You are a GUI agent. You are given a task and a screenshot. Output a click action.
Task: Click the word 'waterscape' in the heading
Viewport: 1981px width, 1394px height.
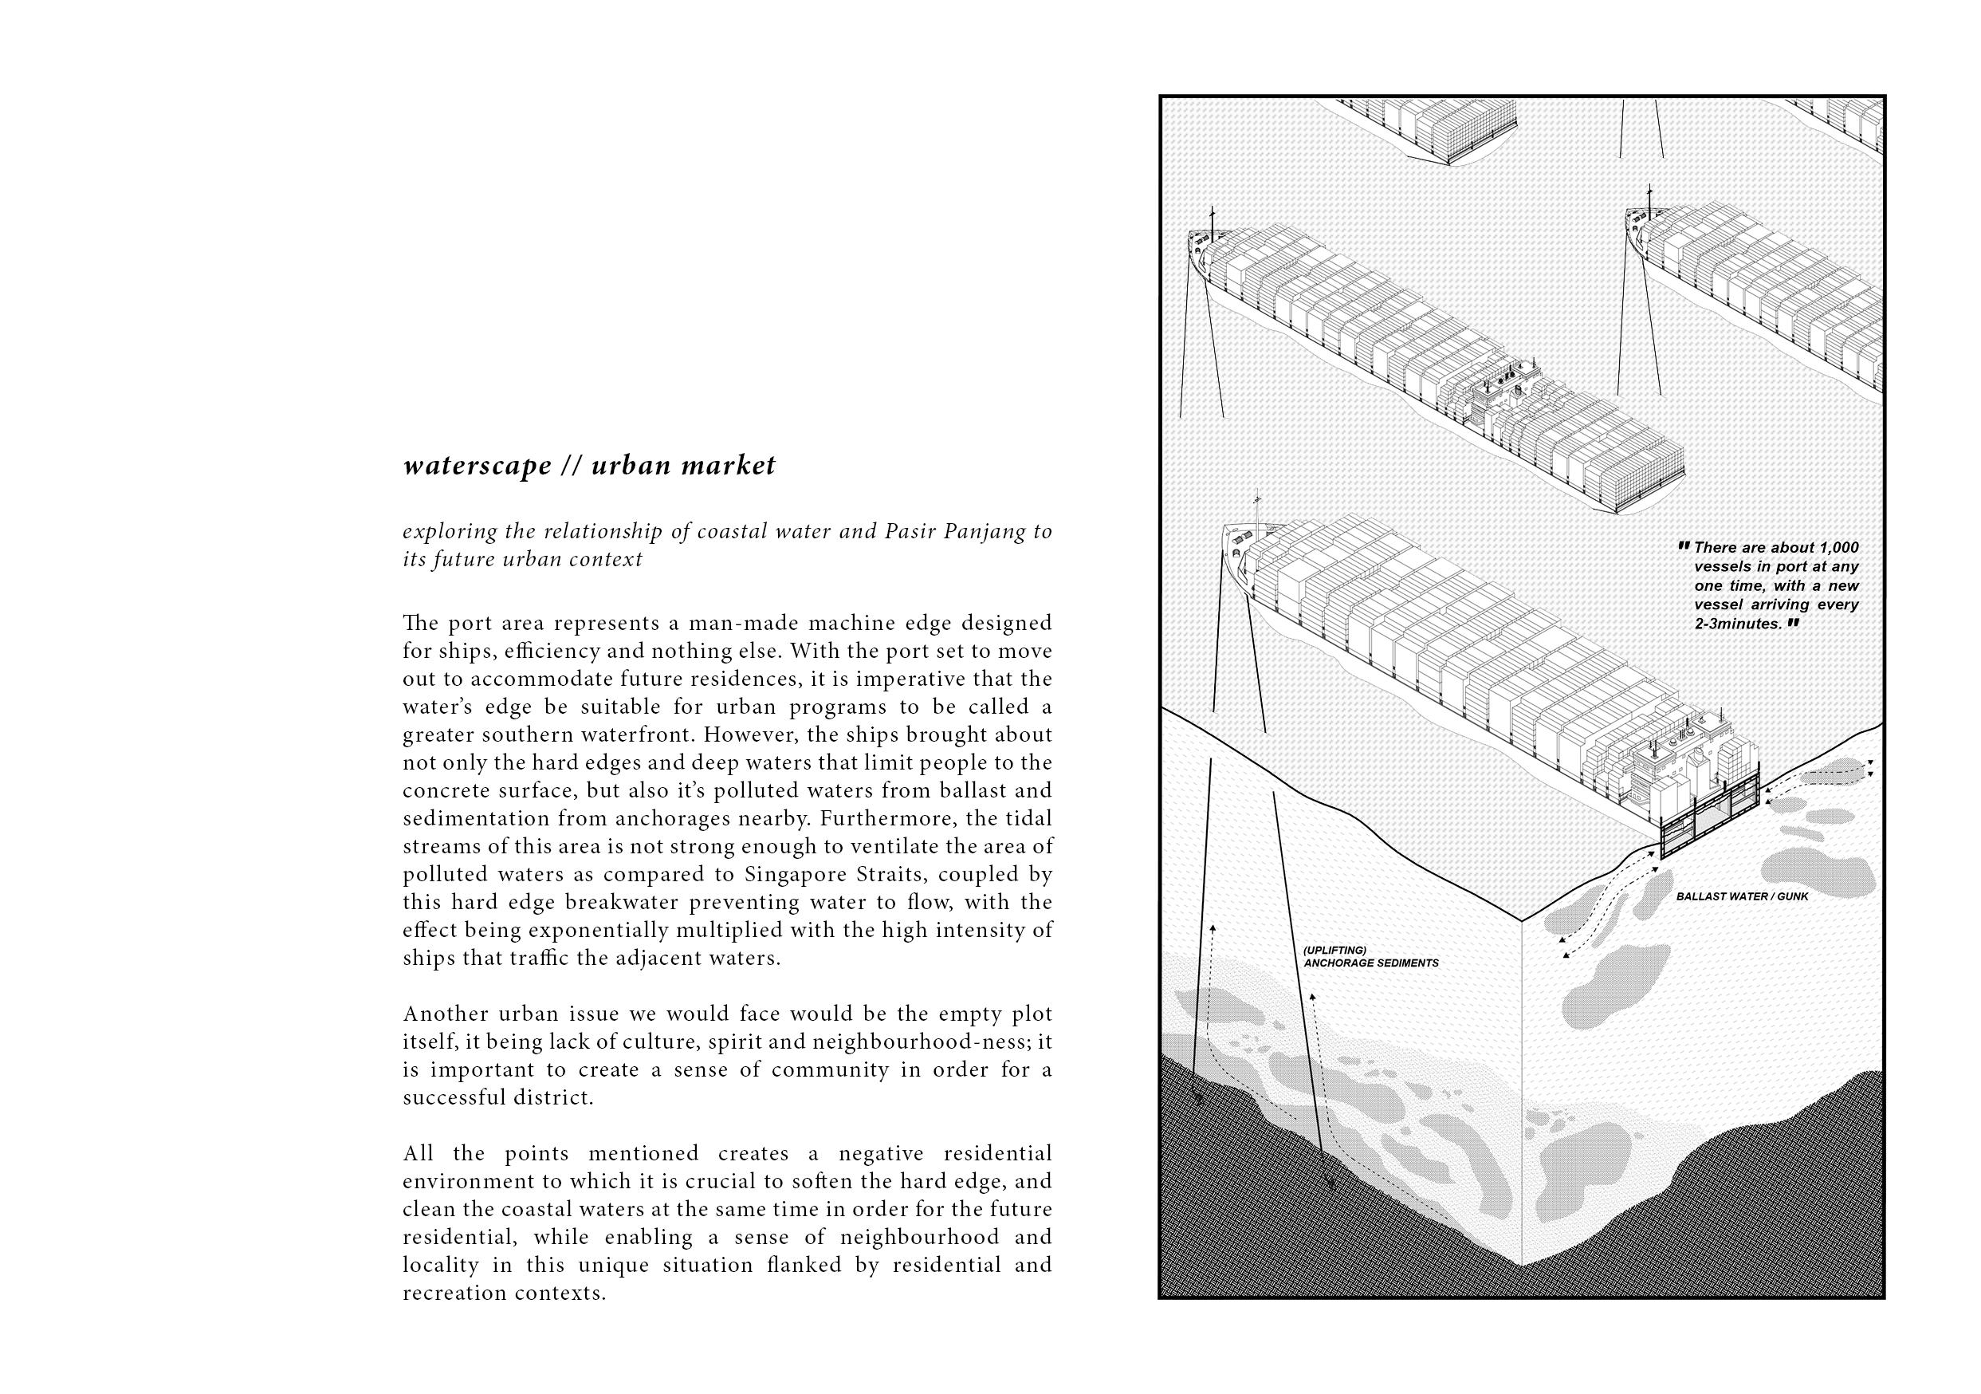(478, 466)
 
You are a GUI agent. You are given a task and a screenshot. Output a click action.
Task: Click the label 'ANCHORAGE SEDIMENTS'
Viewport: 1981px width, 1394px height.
(1371, 963)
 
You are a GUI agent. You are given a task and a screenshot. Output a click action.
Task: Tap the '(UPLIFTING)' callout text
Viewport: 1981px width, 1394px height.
(1334, 951)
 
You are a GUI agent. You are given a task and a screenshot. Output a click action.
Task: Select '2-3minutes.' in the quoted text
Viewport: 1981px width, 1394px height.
(1738, 623)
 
